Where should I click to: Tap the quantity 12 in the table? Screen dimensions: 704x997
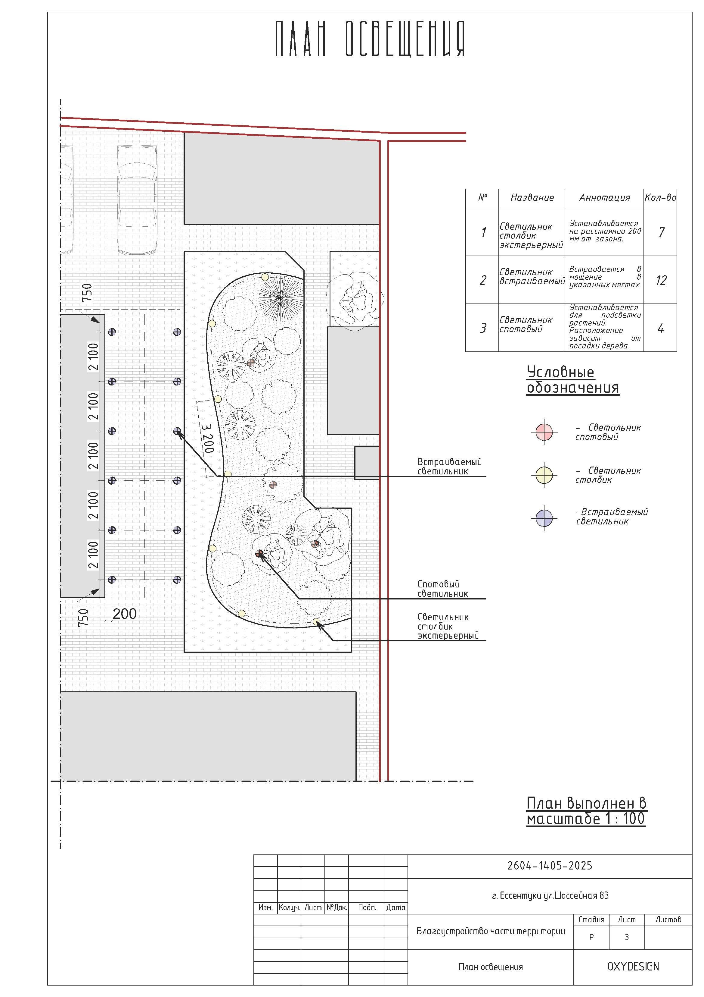[x=661, y=280]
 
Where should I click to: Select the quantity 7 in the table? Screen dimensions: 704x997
[x=661, y=232]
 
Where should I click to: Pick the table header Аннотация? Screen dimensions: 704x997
[x=604, y=198]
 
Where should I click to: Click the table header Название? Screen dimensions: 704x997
[x=532, y=198]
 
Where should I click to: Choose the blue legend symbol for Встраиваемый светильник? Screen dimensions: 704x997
[x=544, y=517]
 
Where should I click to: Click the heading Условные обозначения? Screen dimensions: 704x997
[x=572, y=380]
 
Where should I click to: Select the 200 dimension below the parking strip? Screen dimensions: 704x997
[x=125, y=614]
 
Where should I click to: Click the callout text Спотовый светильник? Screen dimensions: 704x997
[x=442, y=589]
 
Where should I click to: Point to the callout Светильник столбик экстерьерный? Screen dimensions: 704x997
[x=448, y=626]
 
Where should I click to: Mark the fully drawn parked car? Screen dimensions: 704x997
[x=137, y=199]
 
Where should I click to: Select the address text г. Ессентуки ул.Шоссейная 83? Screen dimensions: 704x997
[x=550, y=895]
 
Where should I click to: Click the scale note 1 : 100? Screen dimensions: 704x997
[x=624, y=819]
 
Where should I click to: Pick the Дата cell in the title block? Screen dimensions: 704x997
[x=395, y=907]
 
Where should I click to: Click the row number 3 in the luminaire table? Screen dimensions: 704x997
[x=483, y=328]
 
